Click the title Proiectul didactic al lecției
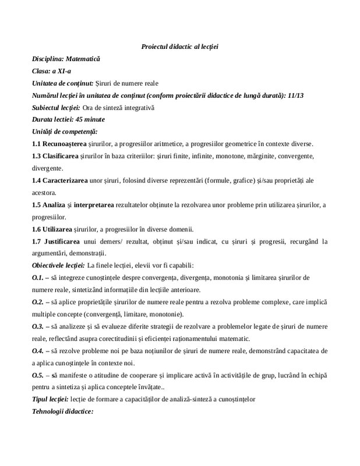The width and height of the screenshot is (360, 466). [x=179, y=46]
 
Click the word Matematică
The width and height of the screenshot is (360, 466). [x=83, y=59]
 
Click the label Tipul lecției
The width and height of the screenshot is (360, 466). [x=50, y=400]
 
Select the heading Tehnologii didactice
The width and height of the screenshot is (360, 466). [x=62, y=412]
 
